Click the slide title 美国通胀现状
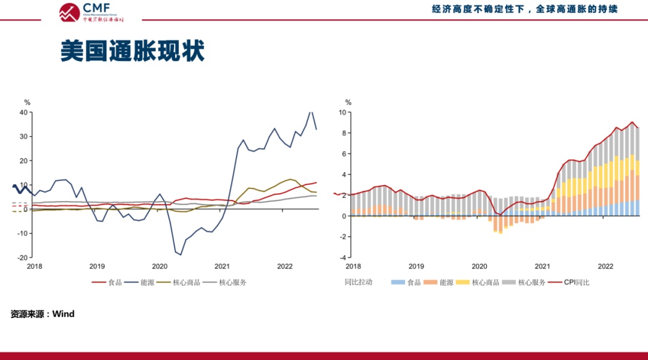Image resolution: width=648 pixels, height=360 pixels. (132, 52)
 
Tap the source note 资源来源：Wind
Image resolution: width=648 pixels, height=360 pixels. (42, 314)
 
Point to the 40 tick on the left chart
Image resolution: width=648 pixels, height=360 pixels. (24, 112)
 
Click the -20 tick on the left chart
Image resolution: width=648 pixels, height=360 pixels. (23, 257)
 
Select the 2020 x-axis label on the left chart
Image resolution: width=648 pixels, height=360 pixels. (160, 266)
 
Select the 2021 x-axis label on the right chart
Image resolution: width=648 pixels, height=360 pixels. (542, 266)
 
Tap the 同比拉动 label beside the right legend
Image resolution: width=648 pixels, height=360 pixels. (358, 282)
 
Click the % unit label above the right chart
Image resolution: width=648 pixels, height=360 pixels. (349, 103)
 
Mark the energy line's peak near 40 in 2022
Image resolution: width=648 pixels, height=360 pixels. (311, 112)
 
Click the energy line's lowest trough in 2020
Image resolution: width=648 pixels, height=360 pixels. (181, 255)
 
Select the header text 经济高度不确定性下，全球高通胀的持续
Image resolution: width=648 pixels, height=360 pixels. (524, 9)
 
